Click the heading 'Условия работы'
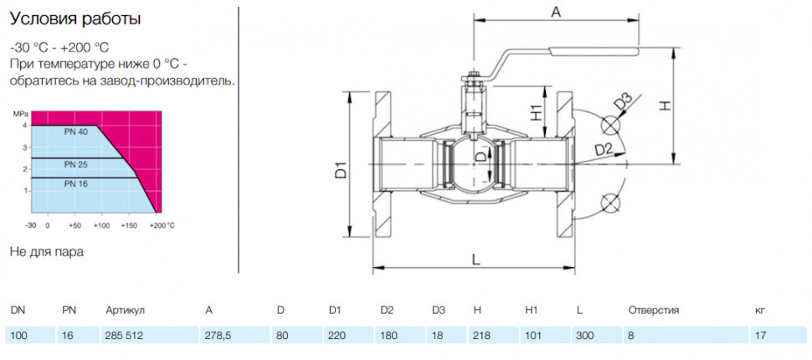click(x=75, y=20)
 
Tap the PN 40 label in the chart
click(x=77, y=131)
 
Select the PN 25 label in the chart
click(x=76, y=165)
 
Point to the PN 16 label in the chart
click(x=76, y=183)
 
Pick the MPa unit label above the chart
click(x=18, y=114)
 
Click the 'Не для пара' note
click(x=47, y=252)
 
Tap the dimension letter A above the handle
click(x=556, y=13)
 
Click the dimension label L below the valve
click(x=476, y=259)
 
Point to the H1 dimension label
click(x=537, y=112)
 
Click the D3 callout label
click(x=624, y=101)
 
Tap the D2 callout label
click(x=604, y=150)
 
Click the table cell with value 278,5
click(x=218, y=335)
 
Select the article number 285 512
click(x=124, y=335)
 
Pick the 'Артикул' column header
click(x=125, y=311)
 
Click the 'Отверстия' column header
click(x=654, y=311)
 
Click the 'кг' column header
click(x=760, y=311)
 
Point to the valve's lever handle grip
click(x=594, y=51)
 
